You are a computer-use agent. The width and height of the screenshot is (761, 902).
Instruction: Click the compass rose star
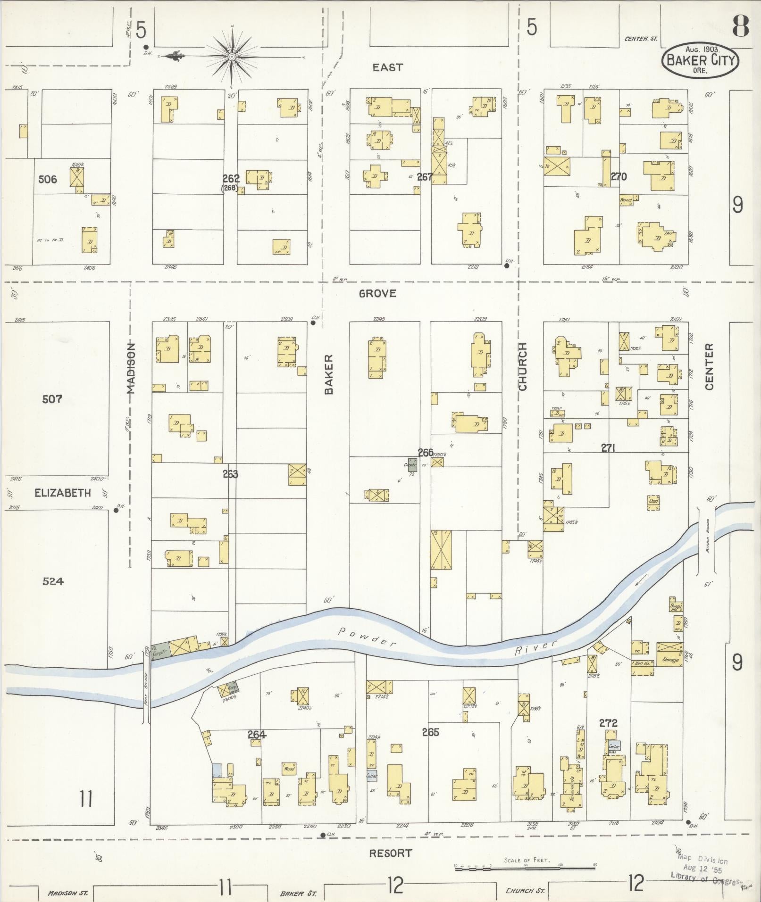pos(232,57)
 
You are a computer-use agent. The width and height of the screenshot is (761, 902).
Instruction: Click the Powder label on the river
pos(367,637)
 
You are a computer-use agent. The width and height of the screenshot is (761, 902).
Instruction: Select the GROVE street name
pos(377,294)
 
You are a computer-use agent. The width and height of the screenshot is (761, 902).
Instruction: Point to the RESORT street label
pos(390,852)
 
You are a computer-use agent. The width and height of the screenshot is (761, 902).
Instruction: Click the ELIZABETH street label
pos(62,493)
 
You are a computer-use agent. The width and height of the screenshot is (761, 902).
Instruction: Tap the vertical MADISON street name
pos(131,368)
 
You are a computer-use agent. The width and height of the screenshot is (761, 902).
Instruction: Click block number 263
pos(230,474)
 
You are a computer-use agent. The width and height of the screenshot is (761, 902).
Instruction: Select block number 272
pos(608,723)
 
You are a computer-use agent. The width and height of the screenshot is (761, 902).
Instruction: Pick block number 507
pos(52,399)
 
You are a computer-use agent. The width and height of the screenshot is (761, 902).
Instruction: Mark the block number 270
pos(619,177)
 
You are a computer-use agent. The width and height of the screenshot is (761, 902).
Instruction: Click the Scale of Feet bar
pos(525,867)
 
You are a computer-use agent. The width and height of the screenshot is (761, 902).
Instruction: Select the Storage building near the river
pos(670,660)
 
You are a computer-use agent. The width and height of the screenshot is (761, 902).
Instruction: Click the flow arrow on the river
pos(640,582)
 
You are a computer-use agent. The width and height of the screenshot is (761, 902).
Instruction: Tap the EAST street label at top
pos(387,67)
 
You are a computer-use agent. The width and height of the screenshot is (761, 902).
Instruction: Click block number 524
pos(53,581)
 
